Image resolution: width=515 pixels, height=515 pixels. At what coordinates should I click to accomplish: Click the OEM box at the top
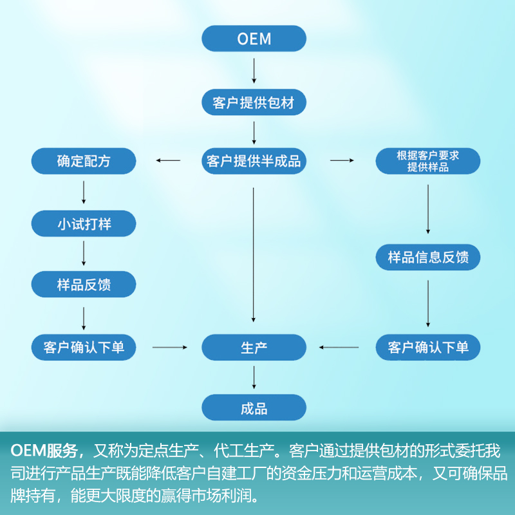tap(254, 38)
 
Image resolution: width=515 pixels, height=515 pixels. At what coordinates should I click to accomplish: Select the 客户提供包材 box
tap(254, 102)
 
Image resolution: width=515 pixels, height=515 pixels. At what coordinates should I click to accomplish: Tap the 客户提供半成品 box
tap(254, 161)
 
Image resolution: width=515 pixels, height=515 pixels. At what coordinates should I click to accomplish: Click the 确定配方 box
tap(84, 161)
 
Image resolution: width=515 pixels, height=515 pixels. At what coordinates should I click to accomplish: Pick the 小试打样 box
tap(84, 225)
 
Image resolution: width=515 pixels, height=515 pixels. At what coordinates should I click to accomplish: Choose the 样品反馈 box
tap(84, 284)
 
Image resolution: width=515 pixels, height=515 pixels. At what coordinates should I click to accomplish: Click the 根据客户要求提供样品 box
tap(428, 162)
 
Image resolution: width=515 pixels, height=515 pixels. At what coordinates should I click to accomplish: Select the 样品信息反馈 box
tap(428, 257)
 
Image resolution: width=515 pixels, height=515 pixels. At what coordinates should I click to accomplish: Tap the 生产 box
tap(254, 348)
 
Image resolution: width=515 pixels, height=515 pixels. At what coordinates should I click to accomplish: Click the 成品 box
tap(254, 408)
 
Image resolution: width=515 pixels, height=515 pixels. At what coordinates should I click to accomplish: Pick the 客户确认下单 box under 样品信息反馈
tap(428, 348)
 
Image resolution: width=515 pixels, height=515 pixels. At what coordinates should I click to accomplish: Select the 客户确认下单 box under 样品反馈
tap(84, 348)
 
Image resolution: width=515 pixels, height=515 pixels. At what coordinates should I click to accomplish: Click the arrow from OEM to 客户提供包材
tap(254, 70)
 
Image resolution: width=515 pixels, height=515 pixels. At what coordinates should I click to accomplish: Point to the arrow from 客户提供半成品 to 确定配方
tap(168, 160)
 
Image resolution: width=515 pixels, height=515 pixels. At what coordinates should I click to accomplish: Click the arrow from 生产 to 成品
tap(254, 377)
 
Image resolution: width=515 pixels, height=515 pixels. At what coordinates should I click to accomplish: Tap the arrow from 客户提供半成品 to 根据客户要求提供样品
tap(342, 160)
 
